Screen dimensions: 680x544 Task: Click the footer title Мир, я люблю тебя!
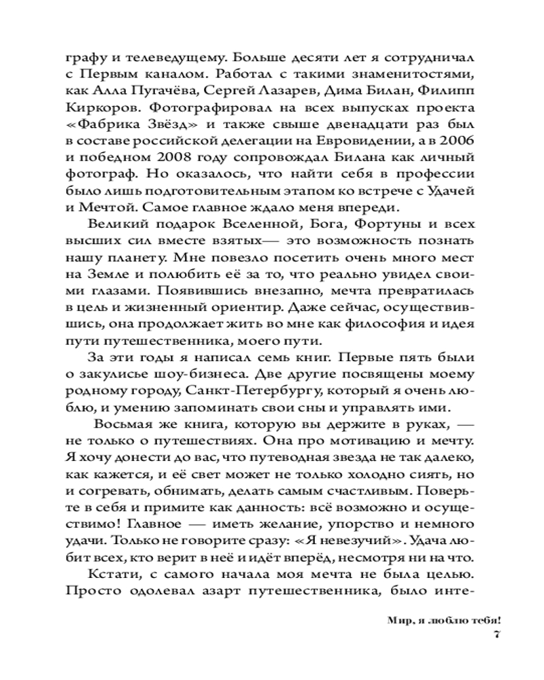pos(445,620)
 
